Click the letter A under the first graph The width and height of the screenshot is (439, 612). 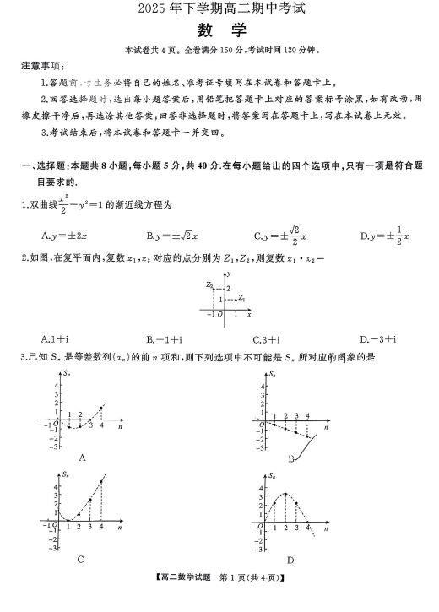coord(82,457)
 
